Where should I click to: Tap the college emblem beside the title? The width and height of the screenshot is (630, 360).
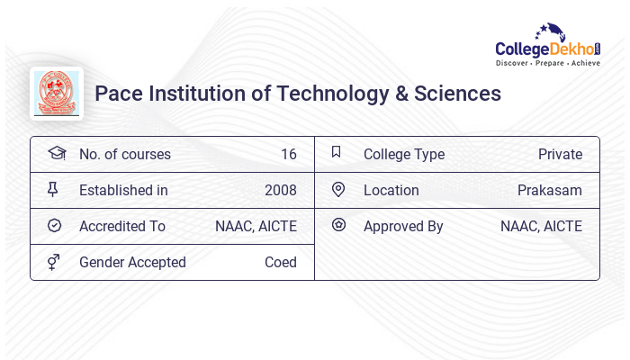pyautogui.click(x=57, y=93)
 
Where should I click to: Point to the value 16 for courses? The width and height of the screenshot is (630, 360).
pyautogui.click(x=288, y=154)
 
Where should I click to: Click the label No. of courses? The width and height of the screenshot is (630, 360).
pyautogui.click(x=124, y=154)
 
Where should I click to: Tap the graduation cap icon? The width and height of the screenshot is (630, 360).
pyautogui.click(x=56, y=153)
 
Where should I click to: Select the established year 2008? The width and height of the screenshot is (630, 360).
pyautogui.click(x=280, y=190)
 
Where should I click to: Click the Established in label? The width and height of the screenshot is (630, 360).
pyautogui.click(x=123, y=190)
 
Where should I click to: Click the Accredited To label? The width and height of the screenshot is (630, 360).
pyautogui.click(x=122, y=226)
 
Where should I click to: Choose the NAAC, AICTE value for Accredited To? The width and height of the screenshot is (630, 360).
pyautogui.click(x=256, y=226)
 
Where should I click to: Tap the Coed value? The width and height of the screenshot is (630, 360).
pyautogui.click(x=280, y=262)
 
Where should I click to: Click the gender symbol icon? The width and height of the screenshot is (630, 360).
pyautogui.click(x=55, y=262)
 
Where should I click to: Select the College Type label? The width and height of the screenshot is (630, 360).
pyautogui.click(x=404, y=154)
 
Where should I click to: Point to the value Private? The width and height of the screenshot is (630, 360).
pyautogui.click(x=560, y=154)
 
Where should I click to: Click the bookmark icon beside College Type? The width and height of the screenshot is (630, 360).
pyautogui.click(x=337, y=152)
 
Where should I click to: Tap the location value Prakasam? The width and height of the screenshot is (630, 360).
pyautogui.click(x=550, y=190)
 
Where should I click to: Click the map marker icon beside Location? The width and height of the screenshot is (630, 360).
pyautogui.click(x=338, y=189)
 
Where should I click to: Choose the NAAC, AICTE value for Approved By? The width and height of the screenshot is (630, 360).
pyautogui.click(x=541, y=226)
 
